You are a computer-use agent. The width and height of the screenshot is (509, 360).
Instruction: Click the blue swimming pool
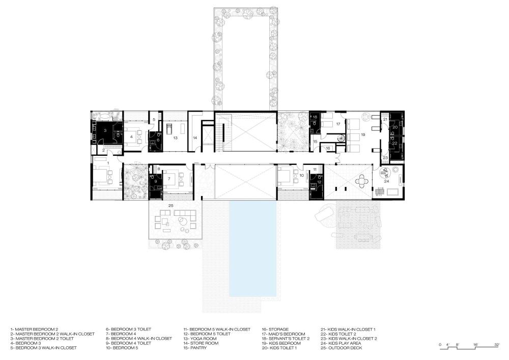tap(253, 248)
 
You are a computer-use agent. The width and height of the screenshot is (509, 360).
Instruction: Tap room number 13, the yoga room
tap(175, 138)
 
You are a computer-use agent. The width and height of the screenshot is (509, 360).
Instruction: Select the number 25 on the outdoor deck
tap(171, 206)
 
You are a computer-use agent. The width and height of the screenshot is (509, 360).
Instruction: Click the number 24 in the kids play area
tap(386, 181)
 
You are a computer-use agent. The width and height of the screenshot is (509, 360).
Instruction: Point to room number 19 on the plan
tap(362, 134)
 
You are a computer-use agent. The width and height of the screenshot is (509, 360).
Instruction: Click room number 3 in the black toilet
tap(105, 130)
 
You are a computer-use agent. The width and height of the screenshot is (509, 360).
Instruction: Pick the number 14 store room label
tap(195, 138)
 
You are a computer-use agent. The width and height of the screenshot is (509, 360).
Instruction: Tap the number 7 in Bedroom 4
tap(169, 179)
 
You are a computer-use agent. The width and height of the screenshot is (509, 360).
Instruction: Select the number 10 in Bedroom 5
tap(301, 175)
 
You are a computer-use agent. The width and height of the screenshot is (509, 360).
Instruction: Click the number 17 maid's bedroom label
tap(338, 124)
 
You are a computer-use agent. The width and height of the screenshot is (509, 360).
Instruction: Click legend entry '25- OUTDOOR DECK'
tap(342, 348)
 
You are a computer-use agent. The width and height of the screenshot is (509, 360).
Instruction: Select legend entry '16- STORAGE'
tap(275, 329)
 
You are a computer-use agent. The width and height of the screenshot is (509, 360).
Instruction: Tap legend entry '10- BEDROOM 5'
tap(122, 348)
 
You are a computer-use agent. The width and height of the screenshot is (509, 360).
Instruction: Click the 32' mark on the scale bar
tap(497, 345)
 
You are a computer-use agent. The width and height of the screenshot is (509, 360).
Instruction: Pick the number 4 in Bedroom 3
tap(131, 137)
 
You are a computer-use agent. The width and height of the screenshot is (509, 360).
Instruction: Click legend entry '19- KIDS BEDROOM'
tap(281, 343)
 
